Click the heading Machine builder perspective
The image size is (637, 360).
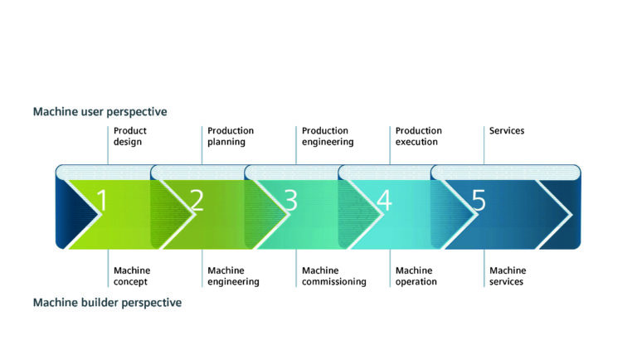tap(107, 303)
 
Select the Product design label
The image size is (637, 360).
tap(130, 136)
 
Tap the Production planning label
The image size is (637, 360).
tap(231, 136)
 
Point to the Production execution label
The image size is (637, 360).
tap(419, 136)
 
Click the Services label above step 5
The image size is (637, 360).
tap(507, 131)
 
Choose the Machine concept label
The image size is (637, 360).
tap(132, 276)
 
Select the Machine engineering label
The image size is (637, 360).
tap(233, 276)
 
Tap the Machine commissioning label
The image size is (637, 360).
tap(333, 276)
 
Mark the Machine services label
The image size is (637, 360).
tap(508, 276)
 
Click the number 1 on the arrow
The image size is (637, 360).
tap(101, 201)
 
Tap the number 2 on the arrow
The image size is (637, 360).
tap(197, 201)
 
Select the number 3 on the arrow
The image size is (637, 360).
tap(290, 201)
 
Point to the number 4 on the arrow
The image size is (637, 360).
tap(384, 201)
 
